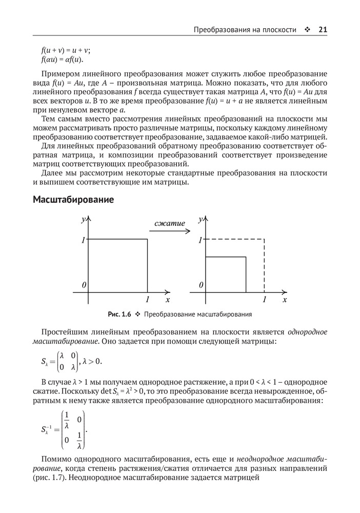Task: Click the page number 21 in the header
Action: [x=323, y=30]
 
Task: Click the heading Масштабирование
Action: [x=73, y=200]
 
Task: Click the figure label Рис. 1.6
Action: [x=121, y=314]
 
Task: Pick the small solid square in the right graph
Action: [x=226, y=274]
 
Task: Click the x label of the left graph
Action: [x=168, y=299]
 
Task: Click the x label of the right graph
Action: [x=285, y=299]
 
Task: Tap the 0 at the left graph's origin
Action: [x=83, y=285]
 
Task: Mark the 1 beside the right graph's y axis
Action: [x=201, y=240]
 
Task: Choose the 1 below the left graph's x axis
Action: [x=148, y=299]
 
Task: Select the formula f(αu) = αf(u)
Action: [x=62, y=60]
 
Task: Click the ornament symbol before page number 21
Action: [x=307, y=30]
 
